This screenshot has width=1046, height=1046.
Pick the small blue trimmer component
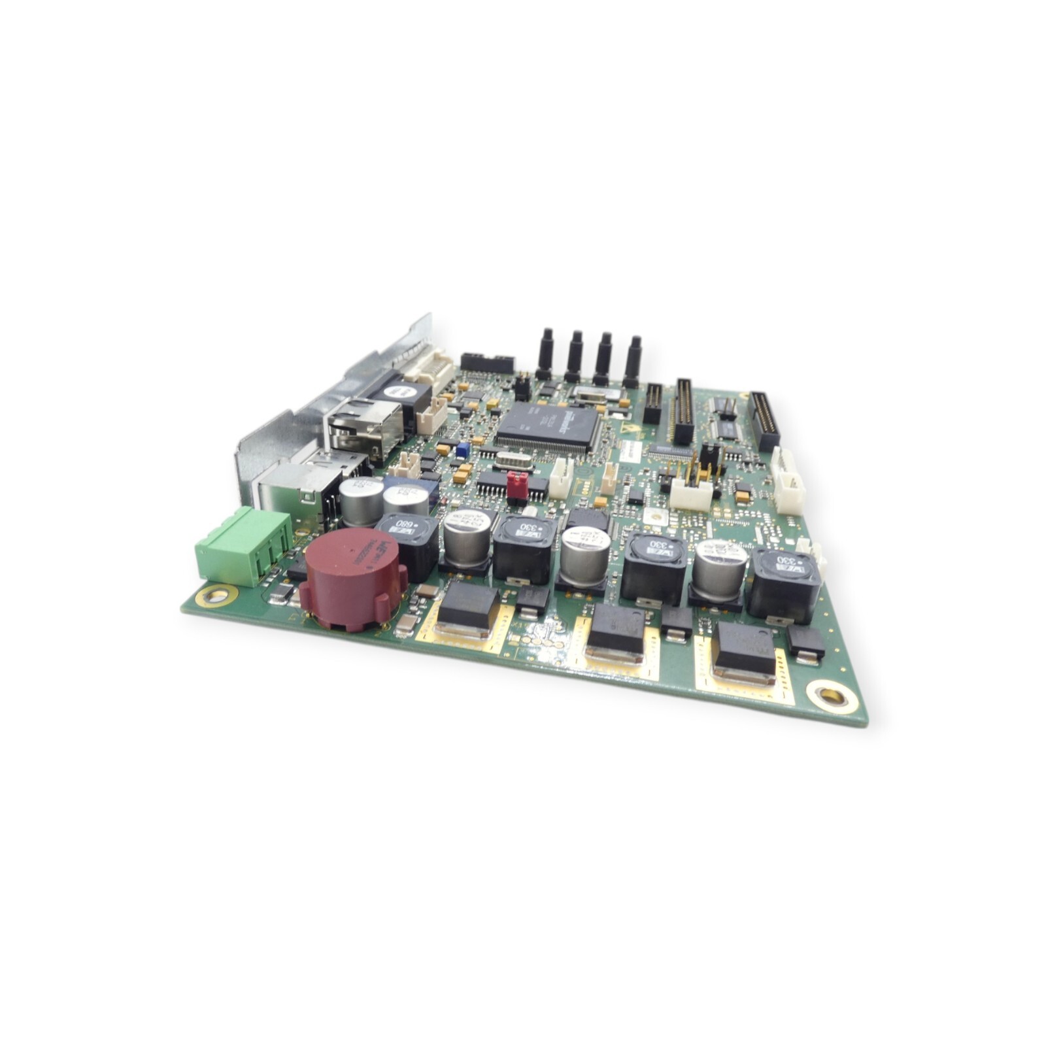tap(463, 449)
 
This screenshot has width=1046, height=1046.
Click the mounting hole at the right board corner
tap(828, 696)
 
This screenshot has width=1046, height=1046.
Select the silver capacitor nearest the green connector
tap(361, 499)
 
